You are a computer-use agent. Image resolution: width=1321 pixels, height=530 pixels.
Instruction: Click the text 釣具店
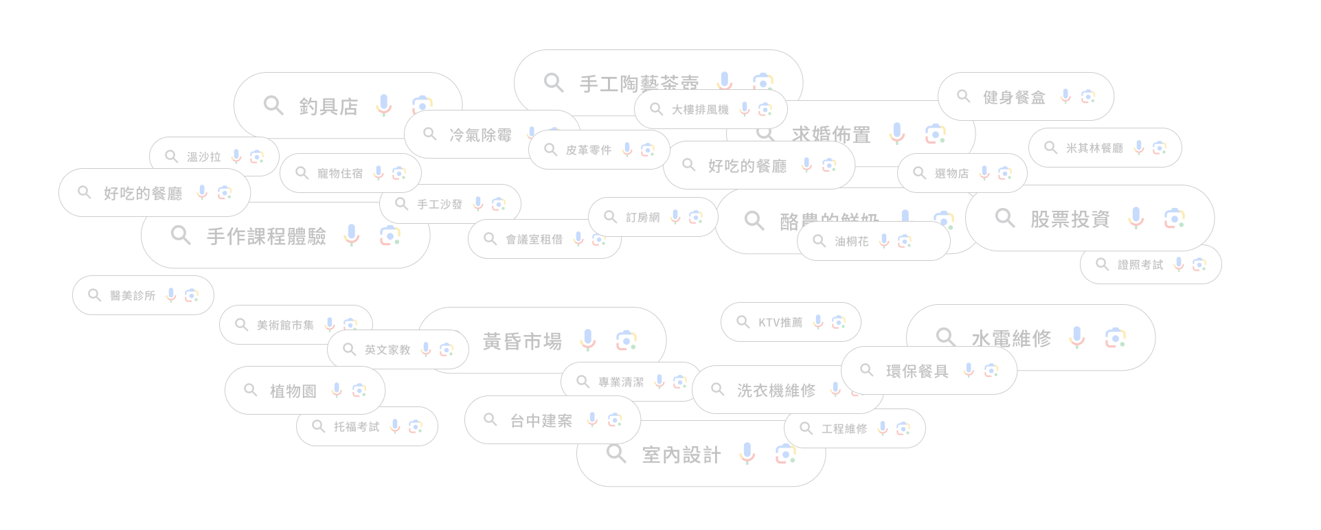click(x=328, y=107)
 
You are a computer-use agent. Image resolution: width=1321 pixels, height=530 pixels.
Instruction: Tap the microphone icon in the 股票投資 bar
click(x=1136, y=218)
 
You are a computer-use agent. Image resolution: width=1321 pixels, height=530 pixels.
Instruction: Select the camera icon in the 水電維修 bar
click(x=1115, y=338)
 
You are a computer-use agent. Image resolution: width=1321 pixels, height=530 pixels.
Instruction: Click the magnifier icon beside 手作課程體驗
click(x=181, y=235)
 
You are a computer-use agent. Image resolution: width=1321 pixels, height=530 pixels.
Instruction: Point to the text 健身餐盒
click(x=1014, y=97)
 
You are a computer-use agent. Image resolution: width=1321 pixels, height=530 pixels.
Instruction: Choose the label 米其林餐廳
click(x=1094, y=148)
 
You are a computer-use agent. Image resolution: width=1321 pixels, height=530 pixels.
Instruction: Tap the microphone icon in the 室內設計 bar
click(x=747, y=454)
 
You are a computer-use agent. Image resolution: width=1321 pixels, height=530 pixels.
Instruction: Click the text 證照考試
click(x=1140, y=265)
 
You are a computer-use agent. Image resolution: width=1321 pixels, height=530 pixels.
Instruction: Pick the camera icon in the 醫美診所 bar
click(x=192, y=295)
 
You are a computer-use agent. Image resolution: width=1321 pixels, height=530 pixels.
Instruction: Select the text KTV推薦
click(x=780, y=323)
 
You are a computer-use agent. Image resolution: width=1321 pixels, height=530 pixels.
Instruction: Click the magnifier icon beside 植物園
click(x=251, y=391)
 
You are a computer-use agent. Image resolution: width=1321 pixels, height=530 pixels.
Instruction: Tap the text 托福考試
click(x=356, y=427)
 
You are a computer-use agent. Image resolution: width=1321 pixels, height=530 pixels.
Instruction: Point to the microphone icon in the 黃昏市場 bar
click(x=588, y=340)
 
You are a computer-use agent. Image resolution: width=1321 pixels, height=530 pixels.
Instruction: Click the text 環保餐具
click(x=917, y=371)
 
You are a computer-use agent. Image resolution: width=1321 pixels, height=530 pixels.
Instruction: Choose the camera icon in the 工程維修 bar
click(x=903, y=428)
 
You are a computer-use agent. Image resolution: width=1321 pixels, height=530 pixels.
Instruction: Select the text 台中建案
click(x=541, y=421)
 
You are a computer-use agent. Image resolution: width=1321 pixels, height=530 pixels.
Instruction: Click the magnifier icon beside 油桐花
click(x=819, y=241)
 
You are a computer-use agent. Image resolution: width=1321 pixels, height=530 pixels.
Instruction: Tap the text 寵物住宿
click(x=339, y=174)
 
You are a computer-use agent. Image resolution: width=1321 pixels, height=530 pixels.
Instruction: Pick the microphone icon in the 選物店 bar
click(x=984, y=173)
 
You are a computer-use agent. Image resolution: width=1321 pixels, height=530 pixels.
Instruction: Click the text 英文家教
click(x=387, y=350)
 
